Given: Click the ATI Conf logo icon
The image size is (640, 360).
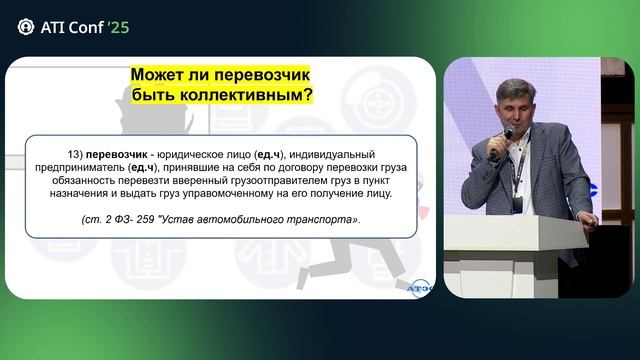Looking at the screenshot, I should (25, 27).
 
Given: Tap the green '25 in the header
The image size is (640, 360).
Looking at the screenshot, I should (117, 27).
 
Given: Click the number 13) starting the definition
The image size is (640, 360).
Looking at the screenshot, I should (72, 153).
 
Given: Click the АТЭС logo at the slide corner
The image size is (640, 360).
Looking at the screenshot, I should (419, 287).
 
